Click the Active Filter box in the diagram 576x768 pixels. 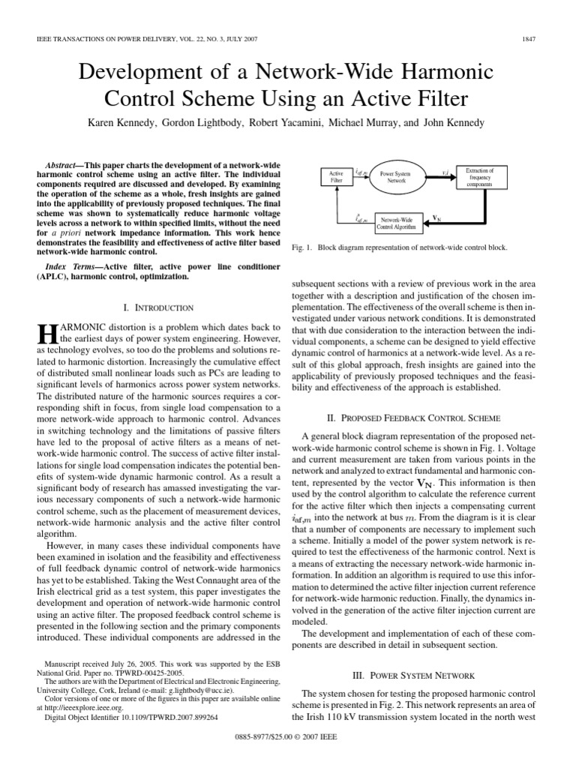tap(336, 177)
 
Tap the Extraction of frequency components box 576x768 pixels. tap(484, 177)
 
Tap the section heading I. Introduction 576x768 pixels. tap(158, 307)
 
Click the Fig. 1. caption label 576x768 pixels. tap(303, 246)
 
